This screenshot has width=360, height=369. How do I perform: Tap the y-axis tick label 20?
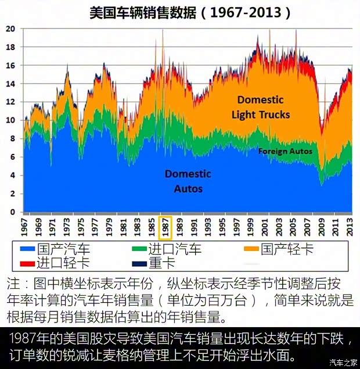click(10, 28)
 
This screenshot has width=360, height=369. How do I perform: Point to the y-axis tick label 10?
click(10, 120)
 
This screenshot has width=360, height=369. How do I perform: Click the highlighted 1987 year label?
click(165, 227)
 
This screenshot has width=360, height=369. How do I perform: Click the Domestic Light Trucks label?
click(261, 108)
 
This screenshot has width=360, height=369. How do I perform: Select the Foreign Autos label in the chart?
click(285, 151)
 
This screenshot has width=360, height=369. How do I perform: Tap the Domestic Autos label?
click(188, 181)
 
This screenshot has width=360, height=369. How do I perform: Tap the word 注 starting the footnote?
click(13, 285)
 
